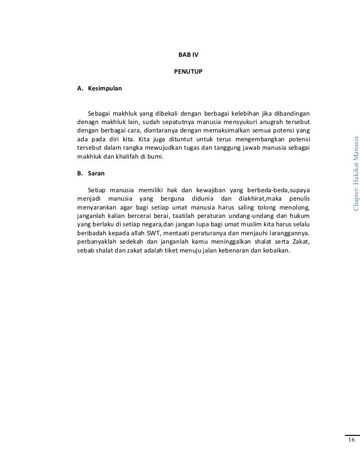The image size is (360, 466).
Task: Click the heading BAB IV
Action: tap(188, 53)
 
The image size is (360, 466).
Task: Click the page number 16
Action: tap(351, 441)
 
